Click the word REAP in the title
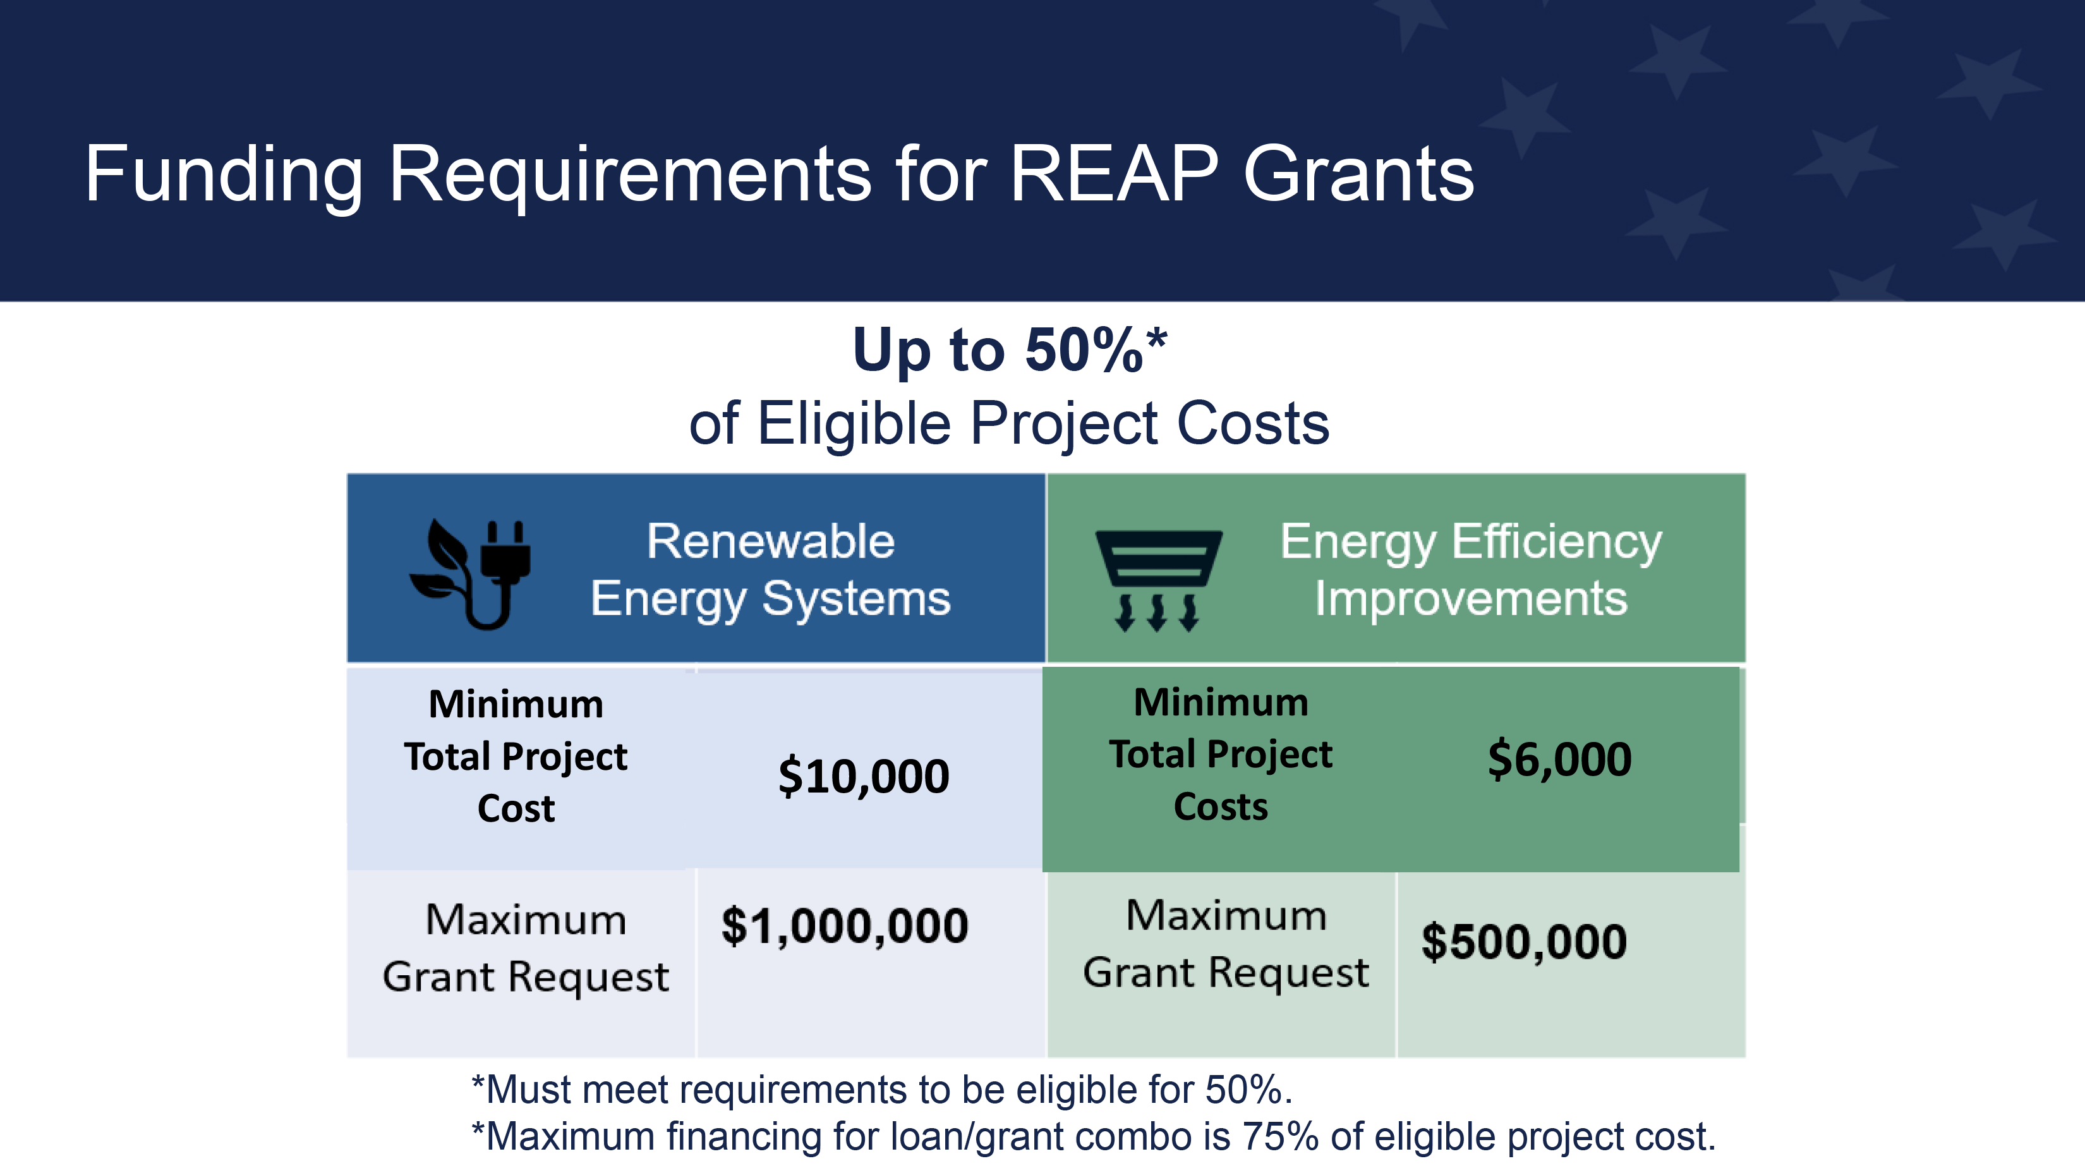[x=1115, y=173]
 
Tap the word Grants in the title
[x=1359, y=173]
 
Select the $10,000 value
[x=864, y=775]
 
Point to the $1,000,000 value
[x=845, y=925]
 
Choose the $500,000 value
[x=1524, y=942]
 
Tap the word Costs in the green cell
[x=1221, y=806]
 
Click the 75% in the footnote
[x=1281, y=1136]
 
